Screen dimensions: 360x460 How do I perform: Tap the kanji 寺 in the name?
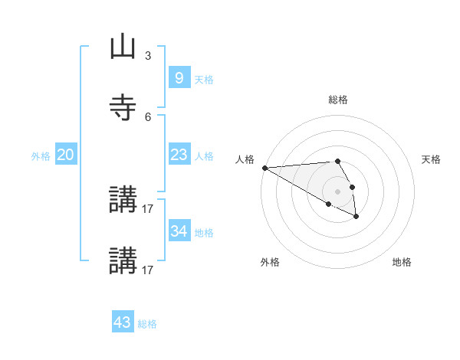coord(123,108)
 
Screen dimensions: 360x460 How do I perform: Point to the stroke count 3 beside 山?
coord(148,56)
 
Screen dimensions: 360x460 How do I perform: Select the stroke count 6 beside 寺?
coord(148,116)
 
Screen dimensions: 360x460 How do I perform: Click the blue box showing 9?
coord(179,78)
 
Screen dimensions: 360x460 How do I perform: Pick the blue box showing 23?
coord(179,155)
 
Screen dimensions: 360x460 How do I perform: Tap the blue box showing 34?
coord(179,231)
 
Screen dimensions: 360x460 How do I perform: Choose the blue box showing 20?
coord(66,155)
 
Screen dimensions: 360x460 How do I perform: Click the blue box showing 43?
coord(123,322)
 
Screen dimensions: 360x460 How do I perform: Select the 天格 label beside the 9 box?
coord(204,80)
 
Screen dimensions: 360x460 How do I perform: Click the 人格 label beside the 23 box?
coord(204,156)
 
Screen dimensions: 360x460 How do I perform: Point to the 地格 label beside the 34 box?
coord(204,233)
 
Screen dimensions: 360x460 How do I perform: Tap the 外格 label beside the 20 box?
coord(41,156)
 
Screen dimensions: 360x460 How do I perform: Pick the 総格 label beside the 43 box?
coord(147,324)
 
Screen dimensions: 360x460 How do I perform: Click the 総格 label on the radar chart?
coord(338,100)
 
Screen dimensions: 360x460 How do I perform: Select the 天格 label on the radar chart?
coord(431,159)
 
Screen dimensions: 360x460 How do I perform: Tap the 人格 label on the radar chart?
coord(245,159)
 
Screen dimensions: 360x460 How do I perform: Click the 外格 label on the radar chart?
coord(270,262)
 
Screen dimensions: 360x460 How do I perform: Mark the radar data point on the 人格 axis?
coord(264,168)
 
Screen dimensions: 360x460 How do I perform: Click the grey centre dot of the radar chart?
coord(338,191)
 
